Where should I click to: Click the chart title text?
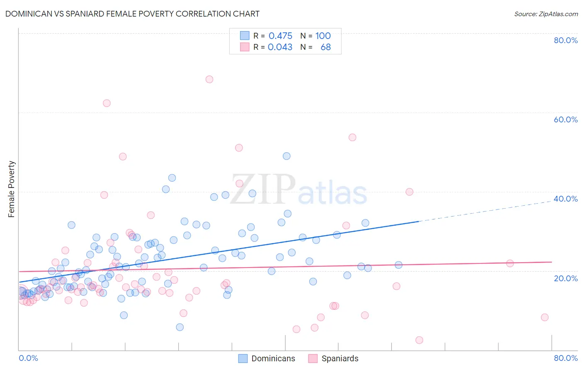coord(132,14)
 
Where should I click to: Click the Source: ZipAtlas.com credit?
coord(546,14)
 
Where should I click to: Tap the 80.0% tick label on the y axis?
coord(566,40)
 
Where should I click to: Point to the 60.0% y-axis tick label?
coord(566,119)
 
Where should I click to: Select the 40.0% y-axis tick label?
coord(566,199)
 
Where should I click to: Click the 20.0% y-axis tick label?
coord(566,278)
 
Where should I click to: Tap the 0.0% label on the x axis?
coord(28,358)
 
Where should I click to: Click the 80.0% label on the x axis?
coord(566,358)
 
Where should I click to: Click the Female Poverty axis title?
coord(12,189)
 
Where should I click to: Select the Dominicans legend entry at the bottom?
coord(267,358)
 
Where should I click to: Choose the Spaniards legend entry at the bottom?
coord(333,358)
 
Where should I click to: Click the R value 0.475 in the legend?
coord(280,36)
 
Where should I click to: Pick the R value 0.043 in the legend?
coord(280,47)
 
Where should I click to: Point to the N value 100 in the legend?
coord(323,36)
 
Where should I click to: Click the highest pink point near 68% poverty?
coord(209,79)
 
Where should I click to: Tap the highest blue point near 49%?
coord(287,156)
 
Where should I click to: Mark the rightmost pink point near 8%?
coord(544,317)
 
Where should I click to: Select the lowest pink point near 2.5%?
coord(419,340)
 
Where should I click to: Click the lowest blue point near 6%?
coord(180,327)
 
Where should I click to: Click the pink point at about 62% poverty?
coord(107,103)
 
